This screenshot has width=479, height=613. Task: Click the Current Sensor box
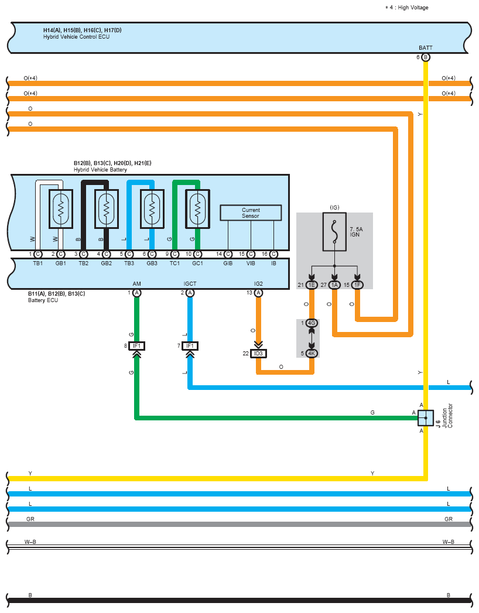click(x=251, y=213)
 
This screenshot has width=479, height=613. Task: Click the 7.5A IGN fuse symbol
click(x=334, y=232)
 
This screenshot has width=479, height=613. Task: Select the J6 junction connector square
click(x=426, y=418)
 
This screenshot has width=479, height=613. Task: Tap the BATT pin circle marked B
click(x=426, y=57)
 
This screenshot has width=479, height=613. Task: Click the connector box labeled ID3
click(x=258, y=354)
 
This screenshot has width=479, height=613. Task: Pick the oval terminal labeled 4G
click(x=312, y=323)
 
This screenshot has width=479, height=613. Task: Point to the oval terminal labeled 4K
click(x=312, y=354)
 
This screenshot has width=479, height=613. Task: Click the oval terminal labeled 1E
click(x=312, y=285)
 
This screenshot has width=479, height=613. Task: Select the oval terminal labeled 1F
click(x=357, y=285)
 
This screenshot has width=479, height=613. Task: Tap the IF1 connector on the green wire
click(x=136, y=346)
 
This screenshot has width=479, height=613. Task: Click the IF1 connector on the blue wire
click(x=190, y=346)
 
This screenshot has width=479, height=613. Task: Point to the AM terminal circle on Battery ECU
click(x=136, y=293)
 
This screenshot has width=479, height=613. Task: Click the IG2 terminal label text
click(x=258, y=284)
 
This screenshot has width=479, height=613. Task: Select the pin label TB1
click(x=38, y=263)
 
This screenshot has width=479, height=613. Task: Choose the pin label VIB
click(x=251, y=263)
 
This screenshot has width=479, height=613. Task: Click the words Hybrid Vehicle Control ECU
click(x=76, y=37)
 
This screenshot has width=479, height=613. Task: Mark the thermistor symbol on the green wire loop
click(x=197, y=209)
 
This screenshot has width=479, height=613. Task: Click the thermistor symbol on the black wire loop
click(x=107, y=209)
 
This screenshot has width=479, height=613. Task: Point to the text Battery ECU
click(x=43, y=300)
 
